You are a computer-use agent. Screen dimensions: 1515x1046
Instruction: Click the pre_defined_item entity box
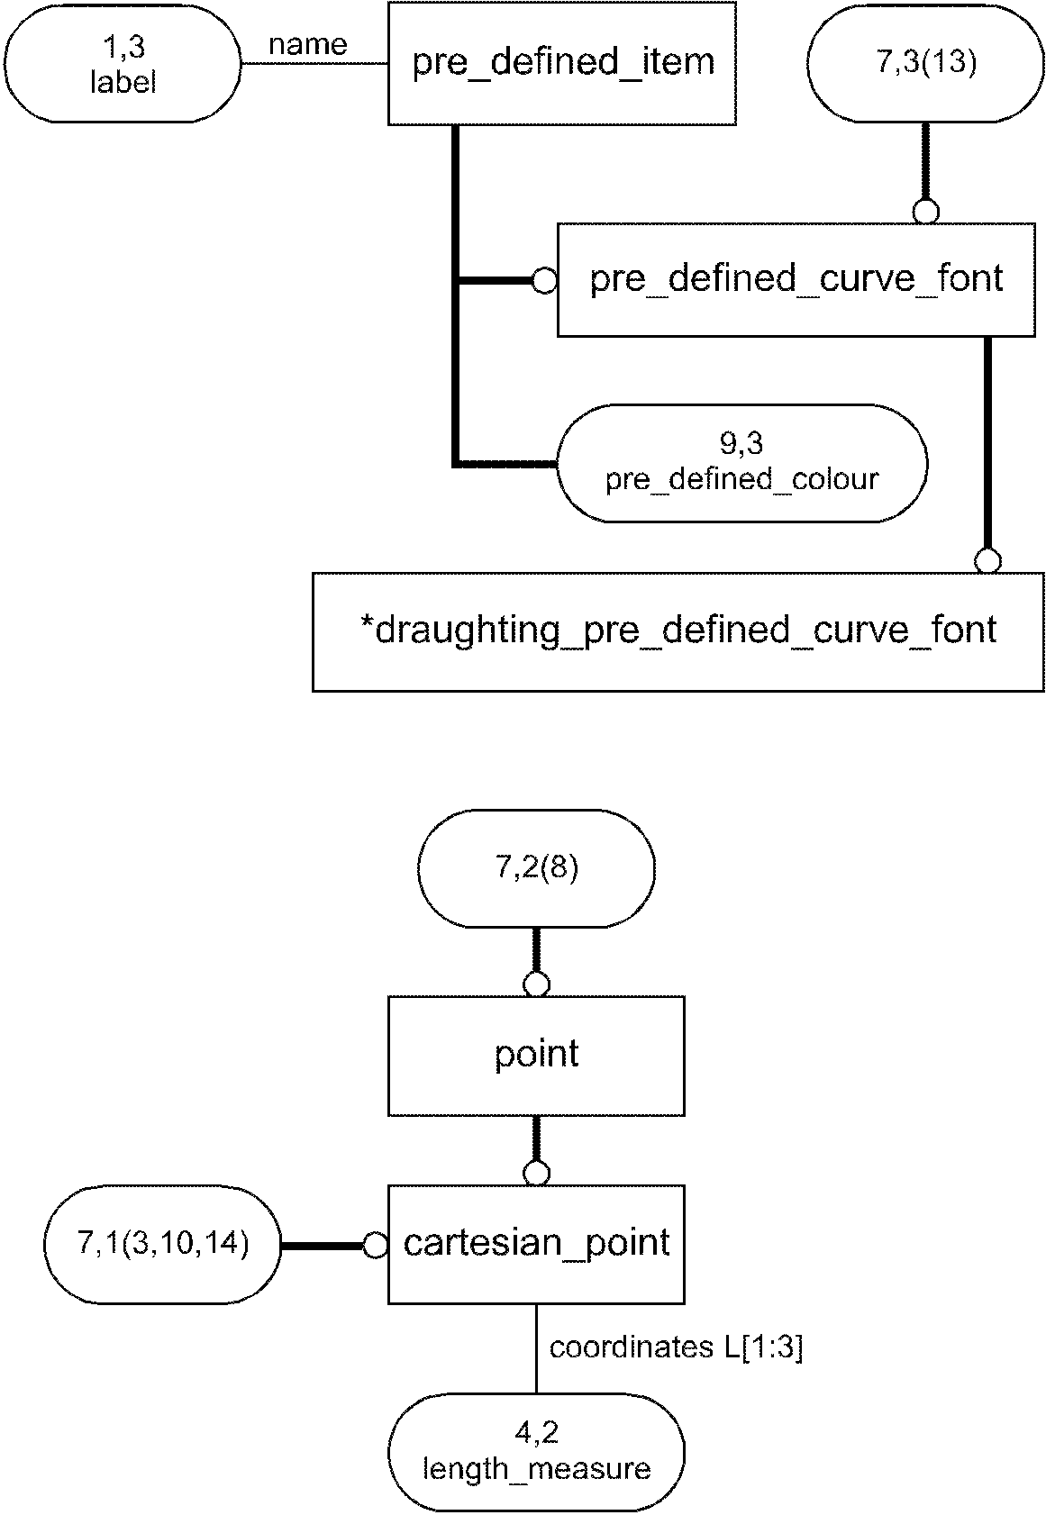click(561, 63)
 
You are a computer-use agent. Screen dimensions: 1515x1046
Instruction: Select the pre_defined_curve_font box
click(796, 279)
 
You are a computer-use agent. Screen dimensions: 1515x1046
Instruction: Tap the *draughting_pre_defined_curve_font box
click(678, 630)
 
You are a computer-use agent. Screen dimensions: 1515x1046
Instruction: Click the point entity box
click(536, 1055)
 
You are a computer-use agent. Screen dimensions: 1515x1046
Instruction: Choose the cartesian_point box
click(536, 1244)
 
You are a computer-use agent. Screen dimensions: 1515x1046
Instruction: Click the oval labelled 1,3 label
click(123, 64)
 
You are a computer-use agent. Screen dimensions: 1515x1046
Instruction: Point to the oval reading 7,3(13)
click(925, 64)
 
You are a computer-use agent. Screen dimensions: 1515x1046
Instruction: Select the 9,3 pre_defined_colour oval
click(741, 463)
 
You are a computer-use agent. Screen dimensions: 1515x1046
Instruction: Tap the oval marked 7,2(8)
click(536, 868)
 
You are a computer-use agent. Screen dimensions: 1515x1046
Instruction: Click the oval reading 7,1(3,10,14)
click(163, 1244)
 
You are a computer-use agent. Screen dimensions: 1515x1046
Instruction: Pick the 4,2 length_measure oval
click(536, 1451)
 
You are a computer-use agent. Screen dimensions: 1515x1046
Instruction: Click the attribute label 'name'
click(308, 44)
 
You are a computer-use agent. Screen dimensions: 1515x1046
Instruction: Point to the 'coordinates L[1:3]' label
click(676, 1347)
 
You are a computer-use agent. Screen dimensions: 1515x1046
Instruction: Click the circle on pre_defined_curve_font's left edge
click(544, 281)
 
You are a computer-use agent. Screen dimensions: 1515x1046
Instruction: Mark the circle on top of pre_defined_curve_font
click(925, 213)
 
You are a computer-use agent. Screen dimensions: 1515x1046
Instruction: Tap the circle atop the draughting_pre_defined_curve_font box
click(987, 561)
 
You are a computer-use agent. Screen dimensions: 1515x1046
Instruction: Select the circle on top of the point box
click(536, 984)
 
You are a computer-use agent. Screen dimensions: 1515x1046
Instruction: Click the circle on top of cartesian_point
click(536, 1174)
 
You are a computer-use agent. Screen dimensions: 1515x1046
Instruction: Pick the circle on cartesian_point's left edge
click(376, 1246)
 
